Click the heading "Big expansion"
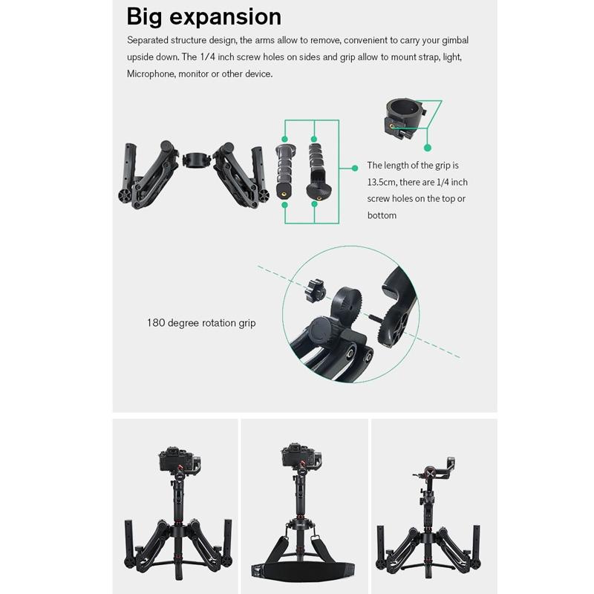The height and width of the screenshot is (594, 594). click(x=203, y=16)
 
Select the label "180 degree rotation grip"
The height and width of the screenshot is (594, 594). click(x=201, y=323)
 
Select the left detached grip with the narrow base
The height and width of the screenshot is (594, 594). click(x=284, y=167)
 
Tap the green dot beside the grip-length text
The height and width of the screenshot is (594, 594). click(x=355, y=167)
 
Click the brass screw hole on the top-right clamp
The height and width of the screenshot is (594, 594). click(x=391, y=126)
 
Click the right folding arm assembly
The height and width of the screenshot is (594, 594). click(x=241, y=174)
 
